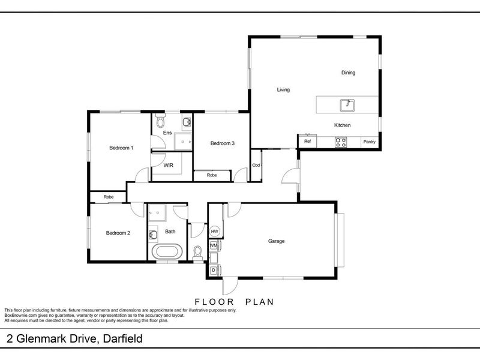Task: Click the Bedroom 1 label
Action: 121,148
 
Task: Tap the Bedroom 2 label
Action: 118,233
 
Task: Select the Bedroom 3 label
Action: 222,143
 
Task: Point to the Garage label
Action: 276,241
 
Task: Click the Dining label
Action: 349,73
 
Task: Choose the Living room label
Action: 283,90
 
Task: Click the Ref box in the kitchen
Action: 307,142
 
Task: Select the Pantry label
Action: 370,142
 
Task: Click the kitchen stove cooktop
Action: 341,142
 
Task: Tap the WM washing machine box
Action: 214,245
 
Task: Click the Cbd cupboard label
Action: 256,165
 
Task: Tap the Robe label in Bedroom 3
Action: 212,175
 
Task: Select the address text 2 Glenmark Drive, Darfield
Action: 74,340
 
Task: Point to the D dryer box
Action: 214,270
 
